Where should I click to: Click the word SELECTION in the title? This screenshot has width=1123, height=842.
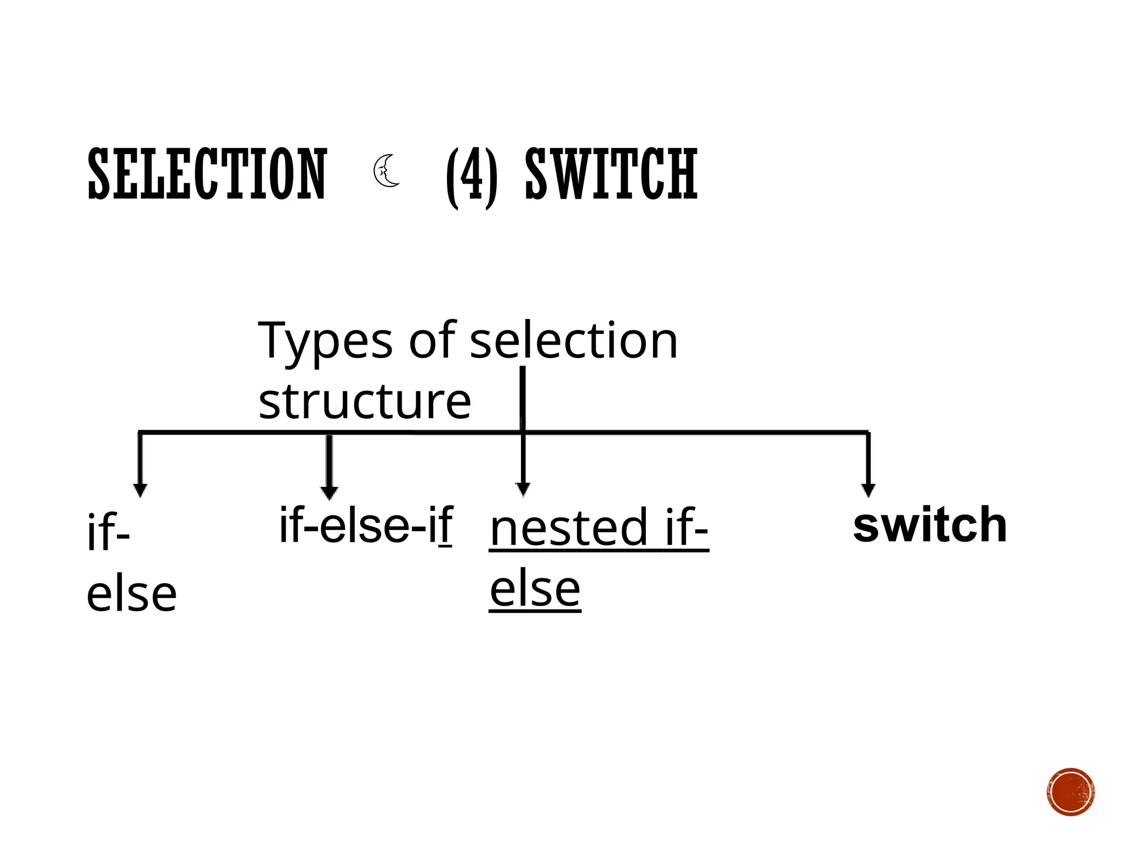coord(207,174)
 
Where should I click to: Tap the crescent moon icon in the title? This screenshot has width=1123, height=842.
coord(387,171)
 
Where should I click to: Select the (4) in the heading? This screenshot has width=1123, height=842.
coord(472,177)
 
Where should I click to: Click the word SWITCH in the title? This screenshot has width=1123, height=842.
coord(611,174)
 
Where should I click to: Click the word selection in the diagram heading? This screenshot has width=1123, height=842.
coord(574,341)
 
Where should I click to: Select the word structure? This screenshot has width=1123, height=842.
coord(365,401)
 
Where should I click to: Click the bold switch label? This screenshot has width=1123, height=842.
coord(930,525)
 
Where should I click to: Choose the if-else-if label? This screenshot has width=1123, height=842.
coord(366,525)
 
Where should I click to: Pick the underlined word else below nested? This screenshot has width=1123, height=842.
coord(535,589)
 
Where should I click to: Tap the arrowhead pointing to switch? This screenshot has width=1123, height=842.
coord(868,490)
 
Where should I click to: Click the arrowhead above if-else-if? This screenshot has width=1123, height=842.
coord(329,493)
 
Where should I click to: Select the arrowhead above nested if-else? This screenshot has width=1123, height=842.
coord(523,489)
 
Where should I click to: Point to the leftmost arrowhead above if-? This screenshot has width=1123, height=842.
coord(140,490)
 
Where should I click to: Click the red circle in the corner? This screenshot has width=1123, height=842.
coord(1070,792)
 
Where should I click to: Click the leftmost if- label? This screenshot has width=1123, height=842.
coord(108,533)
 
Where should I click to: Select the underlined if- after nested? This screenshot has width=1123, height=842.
coord(686,528)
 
